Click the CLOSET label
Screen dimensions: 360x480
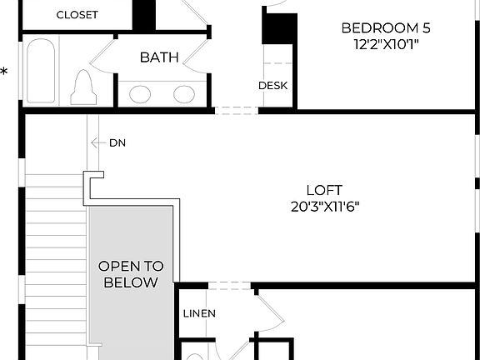[x=77, y=15]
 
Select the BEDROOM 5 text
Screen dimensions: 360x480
[x=385, y=27]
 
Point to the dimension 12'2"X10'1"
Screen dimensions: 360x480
[x=385, y=44]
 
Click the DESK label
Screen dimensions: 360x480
[x=272, y=85]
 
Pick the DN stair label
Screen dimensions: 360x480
[x=117, y=142]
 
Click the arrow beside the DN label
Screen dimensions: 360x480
[x=97, y=142]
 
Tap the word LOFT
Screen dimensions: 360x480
[x=324, y=190]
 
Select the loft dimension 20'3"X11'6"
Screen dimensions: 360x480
[x=324, y=206]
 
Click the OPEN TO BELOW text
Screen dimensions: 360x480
[x=131, y=274]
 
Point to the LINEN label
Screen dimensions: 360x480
[x=199, y=313]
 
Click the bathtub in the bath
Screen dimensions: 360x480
[x=40, y=71]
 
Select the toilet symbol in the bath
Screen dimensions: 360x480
[x=83, y=87]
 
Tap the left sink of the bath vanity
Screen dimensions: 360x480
[x=140, y=94]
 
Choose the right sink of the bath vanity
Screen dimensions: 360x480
[x=183, y=94]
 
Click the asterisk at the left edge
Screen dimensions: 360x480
[x=4, y=72]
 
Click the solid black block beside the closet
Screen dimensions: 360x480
[x=145, y=14]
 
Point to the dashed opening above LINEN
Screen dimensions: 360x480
[x=229, y=286]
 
